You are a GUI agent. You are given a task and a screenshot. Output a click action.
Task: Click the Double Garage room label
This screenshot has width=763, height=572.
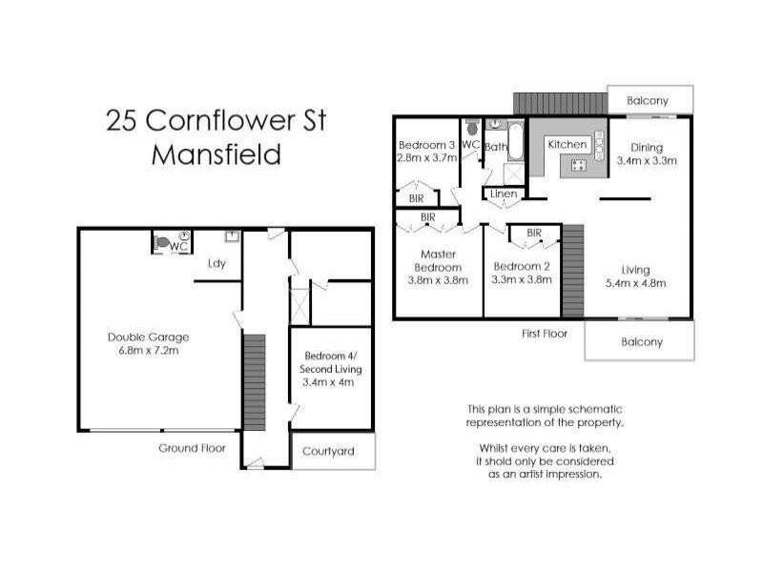click(x=148, y=337)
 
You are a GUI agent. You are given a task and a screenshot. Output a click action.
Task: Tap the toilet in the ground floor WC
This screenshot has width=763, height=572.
click(x=162, y=243)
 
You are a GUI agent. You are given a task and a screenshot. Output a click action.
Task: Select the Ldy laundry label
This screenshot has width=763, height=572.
click(x=217, y=264)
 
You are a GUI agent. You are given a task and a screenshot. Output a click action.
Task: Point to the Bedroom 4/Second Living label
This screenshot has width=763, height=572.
click(x=330, y=369)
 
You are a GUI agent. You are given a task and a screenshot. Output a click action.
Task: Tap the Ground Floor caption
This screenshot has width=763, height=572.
click(x=192, y=448)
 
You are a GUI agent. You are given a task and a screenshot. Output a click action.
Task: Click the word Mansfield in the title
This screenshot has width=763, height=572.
click(x=217, y=155)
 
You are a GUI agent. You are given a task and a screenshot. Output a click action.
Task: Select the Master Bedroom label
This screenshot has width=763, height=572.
click(x=428, y=260)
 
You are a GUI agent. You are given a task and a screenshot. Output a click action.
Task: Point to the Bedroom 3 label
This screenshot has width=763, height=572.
click(x=426, y=145)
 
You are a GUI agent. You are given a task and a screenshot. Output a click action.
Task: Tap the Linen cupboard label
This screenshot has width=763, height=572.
click(x=504, y=195)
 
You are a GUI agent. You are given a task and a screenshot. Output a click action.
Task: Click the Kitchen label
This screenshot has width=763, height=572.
click(x=566, y=144)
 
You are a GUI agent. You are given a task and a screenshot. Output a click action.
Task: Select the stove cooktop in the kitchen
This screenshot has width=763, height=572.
click(x=578, y=165)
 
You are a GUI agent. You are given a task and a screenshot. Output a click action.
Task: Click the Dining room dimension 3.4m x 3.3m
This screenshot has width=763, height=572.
click(x=647, y=161)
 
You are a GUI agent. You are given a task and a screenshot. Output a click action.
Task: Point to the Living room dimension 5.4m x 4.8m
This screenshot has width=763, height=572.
click(x=635, y=283)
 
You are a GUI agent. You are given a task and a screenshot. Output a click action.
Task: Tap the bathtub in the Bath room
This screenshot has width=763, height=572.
click(x=515, y=143)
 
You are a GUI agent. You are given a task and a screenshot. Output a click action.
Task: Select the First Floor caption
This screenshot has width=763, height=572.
click(x=545, y=334)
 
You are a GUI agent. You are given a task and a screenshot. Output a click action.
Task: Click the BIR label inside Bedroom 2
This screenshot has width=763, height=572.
click(x=534, y=233)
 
